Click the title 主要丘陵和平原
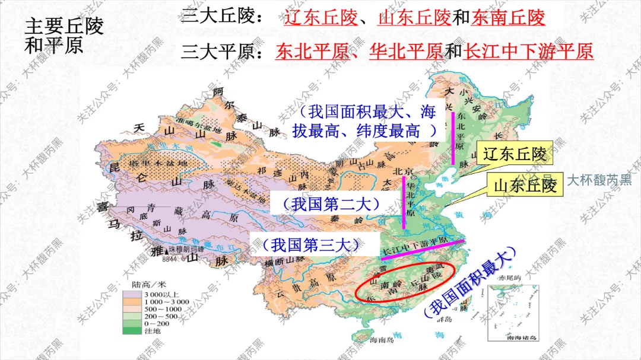click(64, 36)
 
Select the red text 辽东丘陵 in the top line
click(321, 18)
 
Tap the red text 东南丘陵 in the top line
click(507, 18)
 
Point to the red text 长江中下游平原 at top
click(528, 52)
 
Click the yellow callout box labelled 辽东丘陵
click(515, 154)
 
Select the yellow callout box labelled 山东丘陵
click(525, 186)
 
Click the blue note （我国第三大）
click(307, 244)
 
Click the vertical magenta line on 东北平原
click(453, 138)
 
